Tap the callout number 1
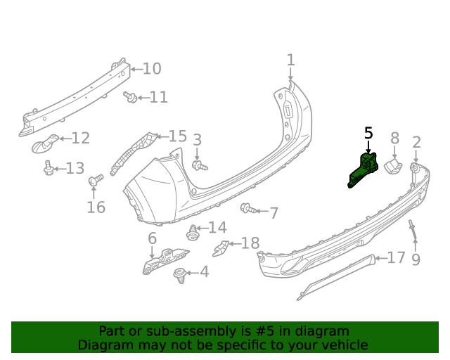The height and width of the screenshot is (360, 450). click(x=290, y=60)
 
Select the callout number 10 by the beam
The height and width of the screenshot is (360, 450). click(x=152, y=68)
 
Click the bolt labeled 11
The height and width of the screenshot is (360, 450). click(x=131, y=97)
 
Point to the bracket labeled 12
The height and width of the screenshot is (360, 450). click(x=46, y=144)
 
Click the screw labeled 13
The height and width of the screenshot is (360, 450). click(x=48, y=168)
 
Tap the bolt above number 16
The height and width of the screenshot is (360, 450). click(x=95, y=181)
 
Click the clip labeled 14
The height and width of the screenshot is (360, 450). click(x=192, y=231)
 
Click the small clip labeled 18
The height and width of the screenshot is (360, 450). click(x=221, y=247)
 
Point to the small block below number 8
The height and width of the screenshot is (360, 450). click(x=392, y=166)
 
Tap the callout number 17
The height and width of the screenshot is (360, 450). click(x=397, y=258)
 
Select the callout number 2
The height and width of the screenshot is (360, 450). click(x=416, y=143)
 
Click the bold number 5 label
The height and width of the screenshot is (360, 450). click(x=368, y=134)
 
